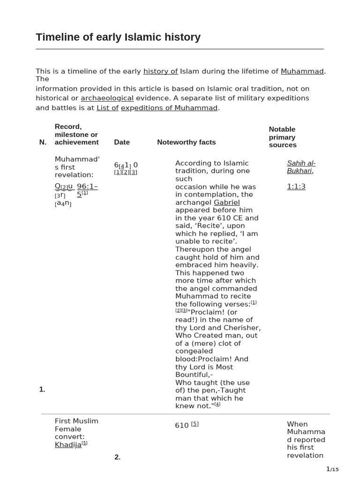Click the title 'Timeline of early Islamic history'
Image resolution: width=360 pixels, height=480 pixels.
point(118,37)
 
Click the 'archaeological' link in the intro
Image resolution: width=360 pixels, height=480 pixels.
point(107,98)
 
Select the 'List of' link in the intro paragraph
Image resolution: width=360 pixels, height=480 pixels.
point(107,108)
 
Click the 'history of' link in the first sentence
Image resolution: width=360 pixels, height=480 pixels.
point(160,71)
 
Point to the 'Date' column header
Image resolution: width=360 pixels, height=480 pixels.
point(122,142)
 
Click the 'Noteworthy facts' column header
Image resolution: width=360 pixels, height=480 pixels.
point(186,142)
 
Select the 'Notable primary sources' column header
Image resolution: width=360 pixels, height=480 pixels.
point(282,137)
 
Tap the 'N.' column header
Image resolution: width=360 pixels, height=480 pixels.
point(43,142)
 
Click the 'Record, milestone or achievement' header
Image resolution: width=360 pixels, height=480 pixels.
point(76,134)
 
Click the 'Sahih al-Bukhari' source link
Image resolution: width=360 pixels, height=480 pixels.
point(301,167)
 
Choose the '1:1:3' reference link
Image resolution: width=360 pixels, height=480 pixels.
point(296,187)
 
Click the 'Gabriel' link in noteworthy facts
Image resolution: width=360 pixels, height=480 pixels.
point(226,202)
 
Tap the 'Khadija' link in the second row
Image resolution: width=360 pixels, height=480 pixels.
point(68,444)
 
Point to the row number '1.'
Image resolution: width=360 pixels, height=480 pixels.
point(42,389)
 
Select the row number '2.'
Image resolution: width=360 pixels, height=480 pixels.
point(117,457)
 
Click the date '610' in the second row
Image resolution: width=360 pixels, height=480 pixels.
point(181,425)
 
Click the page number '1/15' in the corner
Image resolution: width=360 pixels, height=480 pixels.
point(332,469)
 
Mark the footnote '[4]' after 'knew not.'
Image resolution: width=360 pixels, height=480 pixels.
point(217,404)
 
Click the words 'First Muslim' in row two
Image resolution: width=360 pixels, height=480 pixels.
point(76,421)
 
